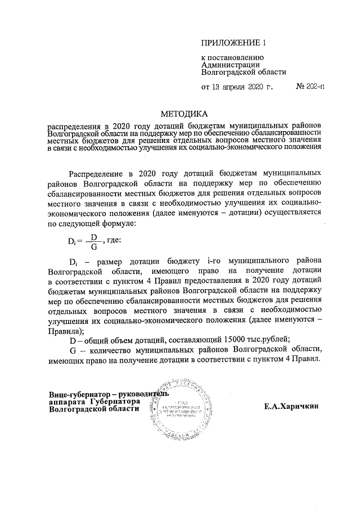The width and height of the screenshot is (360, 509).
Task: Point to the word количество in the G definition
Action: coord(103,349)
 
